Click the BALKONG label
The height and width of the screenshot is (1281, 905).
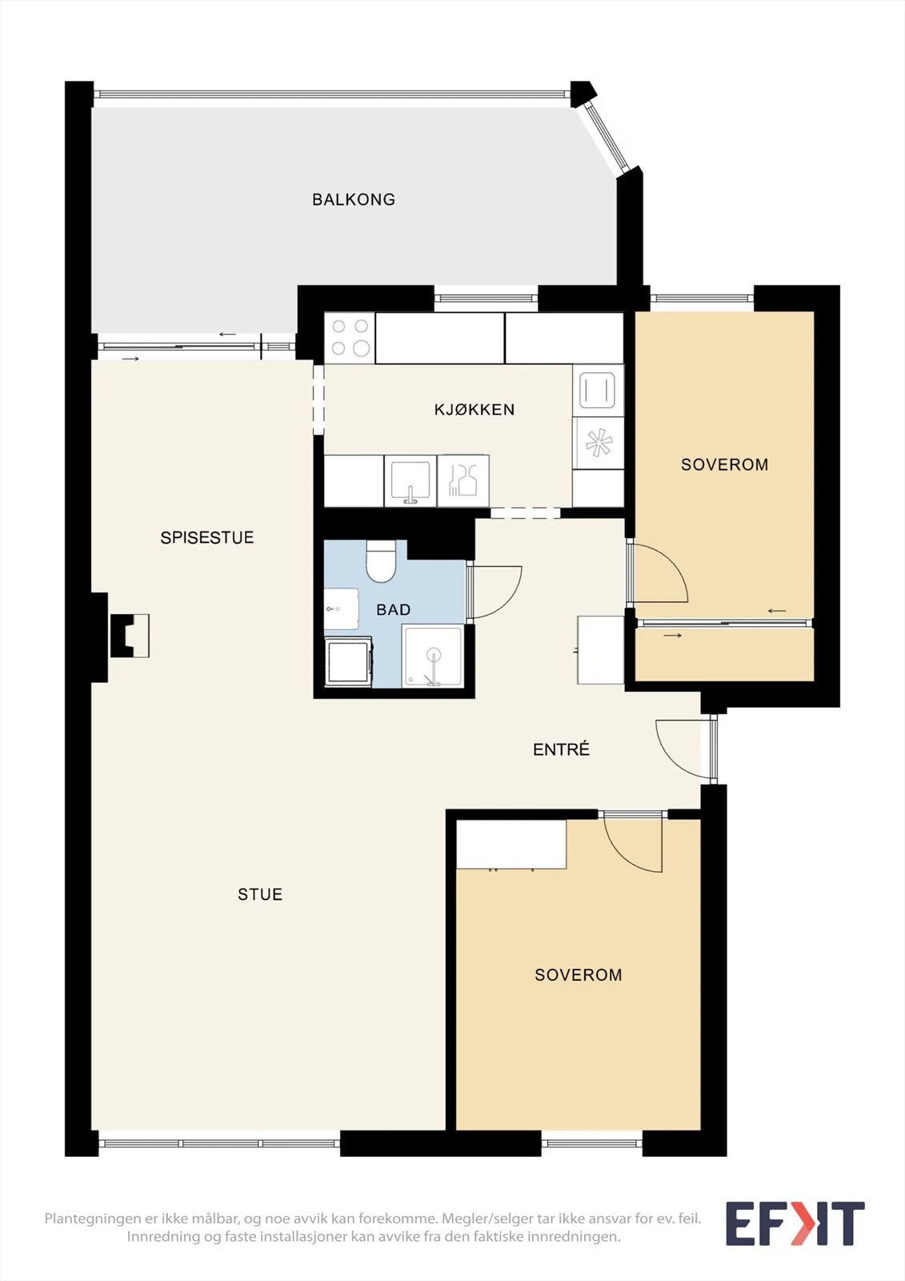click(x=354, y=199)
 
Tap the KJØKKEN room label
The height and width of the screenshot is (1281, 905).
click(x=475, y=409)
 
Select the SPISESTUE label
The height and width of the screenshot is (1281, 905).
click(x=207, y=537)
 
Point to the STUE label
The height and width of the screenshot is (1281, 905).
click(x=260, y=894)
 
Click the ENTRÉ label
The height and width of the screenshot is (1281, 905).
click(x=561, y=749)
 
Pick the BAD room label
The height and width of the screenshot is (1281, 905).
click(x=394, y=609)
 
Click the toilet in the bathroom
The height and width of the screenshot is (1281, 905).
click(x=382, y=561)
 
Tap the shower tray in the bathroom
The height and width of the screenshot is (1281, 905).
click(x=433, y=656)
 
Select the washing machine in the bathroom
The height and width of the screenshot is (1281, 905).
click(x=348, y=661)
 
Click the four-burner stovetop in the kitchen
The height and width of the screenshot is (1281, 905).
click(x=350, y=337)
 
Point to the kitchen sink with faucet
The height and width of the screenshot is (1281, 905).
click(x=410, y=481)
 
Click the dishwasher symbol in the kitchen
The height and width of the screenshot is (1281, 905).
click(x=463, y=481)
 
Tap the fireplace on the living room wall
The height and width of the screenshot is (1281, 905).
click(x=130, y=636)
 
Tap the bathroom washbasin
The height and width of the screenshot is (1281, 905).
click(x=342, y=609)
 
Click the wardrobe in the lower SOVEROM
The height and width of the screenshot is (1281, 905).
click(x=511, y=845)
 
